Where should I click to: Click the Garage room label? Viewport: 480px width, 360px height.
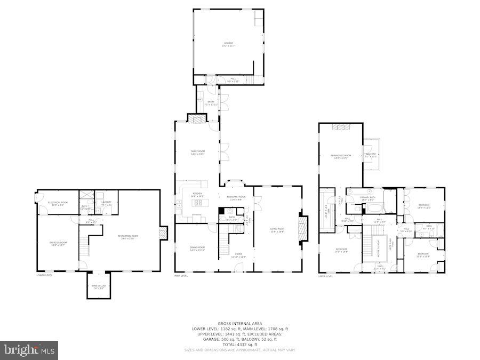click(228, 44)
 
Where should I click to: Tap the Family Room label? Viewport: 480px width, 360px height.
click(198, 152)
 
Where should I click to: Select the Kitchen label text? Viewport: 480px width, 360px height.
click(197, 195)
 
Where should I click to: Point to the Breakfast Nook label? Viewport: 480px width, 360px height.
click(235, 198)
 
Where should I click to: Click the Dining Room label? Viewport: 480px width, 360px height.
click(197, 249)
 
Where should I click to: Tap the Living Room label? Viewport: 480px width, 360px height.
click(277, 230)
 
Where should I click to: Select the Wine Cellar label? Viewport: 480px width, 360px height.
click(99, 287)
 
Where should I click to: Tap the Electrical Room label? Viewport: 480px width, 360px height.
click(57, 203)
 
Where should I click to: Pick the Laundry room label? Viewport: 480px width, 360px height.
click(106, 203)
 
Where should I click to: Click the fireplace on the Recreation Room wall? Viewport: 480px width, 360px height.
click(164, 233)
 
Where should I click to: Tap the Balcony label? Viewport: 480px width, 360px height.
click(371, 155)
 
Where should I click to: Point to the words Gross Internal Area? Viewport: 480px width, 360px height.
click(239, 323)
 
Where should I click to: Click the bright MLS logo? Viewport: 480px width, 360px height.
click(30, 350)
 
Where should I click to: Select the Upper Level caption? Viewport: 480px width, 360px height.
click(326, 276)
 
